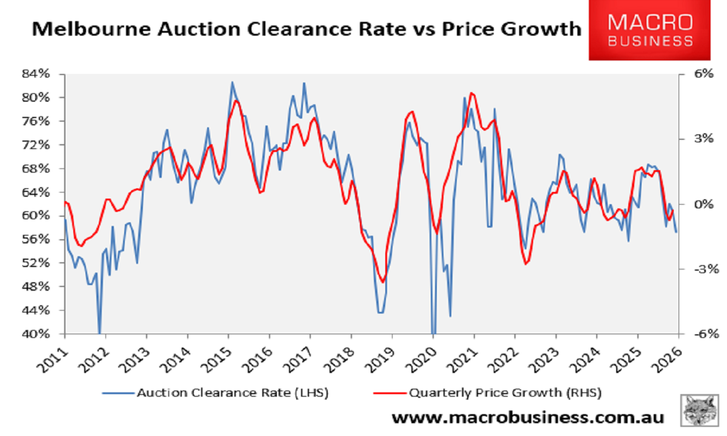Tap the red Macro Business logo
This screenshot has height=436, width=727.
[650, 31]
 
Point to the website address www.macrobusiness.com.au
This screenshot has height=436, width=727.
[527, 417]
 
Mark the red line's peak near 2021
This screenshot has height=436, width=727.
[472, 93]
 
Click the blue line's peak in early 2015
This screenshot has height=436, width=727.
[231, 82]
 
